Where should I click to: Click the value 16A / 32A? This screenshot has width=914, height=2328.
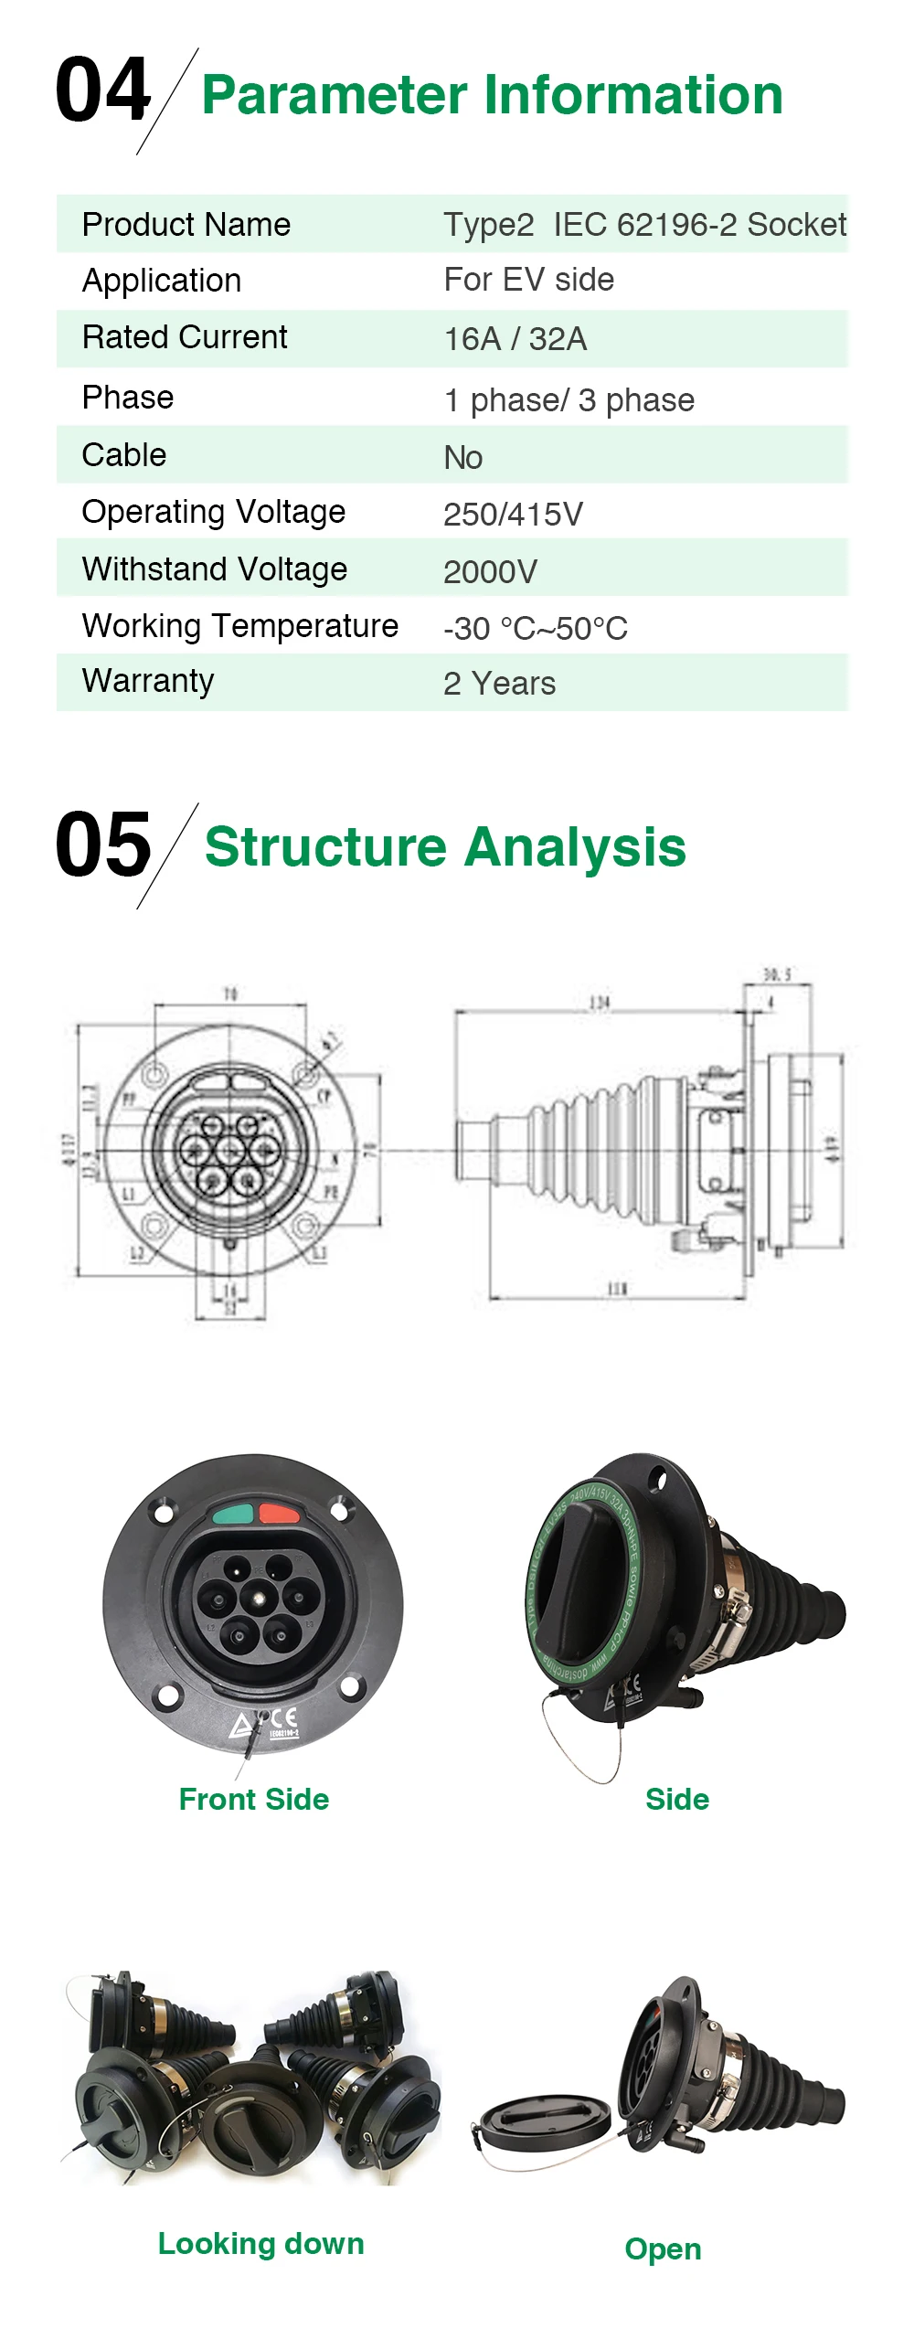(x=515, y=339)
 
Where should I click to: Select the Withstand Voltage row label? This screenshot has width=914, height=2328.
(x=215, y=569)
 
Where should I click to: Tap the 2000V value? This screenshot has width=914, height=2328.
(x=490, y=571)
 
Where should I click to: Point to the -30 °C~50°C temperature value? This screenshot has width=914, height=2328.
(x=535, y=628)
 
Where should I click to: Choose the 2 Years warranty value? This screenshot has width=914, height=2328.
(x=499, y=684)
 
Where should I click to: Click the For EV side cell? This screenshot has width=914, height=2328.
(x=528, y=280)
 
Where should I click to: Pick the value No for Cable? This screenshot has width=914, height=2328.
(x=462, y=457)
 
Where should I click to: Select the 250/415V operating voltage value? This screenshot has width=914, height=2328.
(x=513, y=514)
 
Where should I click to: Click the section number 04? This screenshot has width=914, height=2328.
(x=102, y=90)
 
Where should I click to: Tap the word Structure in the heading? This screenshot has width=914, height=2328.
(x=324, y=846)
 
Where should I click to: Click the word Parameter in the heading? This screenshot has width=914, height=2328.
(x=335, y=95)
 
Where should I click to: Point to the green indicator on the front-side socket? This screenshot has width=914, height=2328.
(x=233, y=1515)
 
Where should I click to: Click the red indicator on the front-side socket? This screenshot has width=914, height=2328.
(x=279, y=1514)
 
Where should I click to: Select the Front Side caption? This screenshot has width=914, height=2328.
(x=253, y=1799)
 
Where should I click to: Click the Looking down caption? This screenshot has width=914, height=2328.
(x=260, y=2243)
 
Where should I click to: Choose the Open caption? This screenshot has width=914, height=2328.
(x=663, y=2248)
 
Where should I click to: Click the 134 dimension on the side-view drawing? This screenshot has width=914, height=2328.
(x=600, y=1003)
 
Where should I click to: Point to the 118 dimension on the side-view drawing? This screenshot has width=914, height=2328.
(x=617, y=1289)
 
